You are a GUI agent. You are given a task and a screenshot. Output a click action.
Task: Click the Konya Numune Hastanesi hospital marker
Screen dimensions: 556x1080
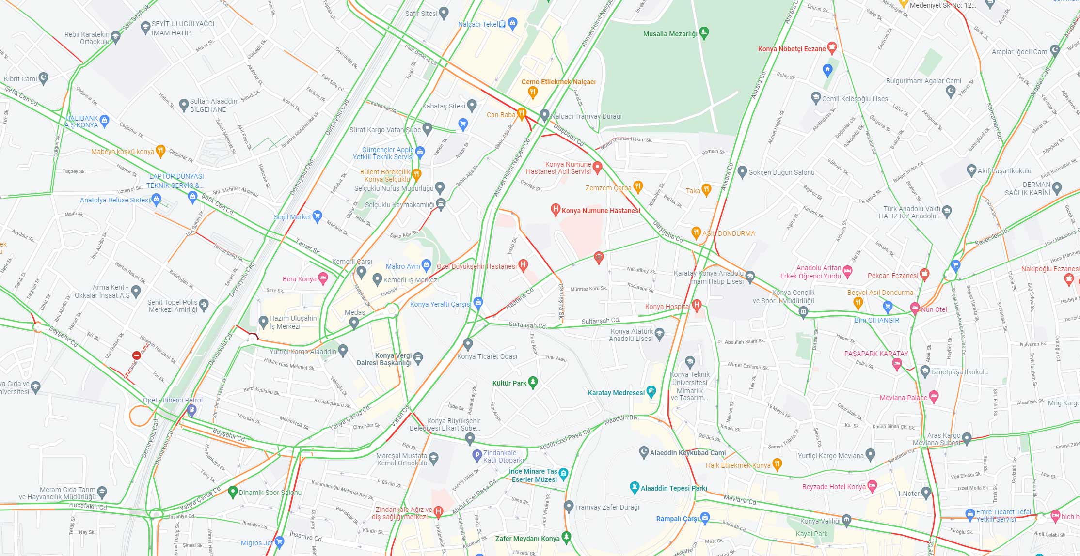[556, 210]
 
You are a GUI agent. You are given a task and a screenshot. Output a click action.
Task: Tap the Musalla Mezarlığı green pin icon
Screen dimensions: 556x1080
[704, 33]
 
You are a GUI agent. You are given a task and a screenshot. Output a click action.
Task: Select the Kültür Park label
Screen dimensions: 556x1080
[509, 383]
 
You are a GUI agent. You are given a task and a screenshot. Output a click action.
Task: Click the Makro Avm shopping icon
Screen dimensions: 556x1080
[426, 264]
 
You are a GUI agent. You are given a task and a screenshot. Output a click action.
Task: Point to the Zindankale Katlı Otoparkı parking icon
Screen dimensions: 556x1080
[477, 455]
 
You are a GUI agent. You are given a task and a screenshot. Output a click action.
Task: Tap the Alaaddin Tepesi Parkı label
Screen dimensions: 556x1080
[674, 488]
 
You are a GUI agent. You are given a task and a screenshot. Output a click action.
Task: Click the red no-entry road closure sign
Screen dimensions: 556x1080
[136, 356]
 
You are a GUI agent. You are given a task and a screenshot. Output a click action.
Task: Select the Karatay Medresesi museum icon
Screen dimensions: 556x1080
[651, 391]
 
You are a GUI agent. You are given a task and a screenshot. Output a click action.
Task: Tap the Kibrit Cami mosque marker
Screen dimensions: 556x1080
[44, 77]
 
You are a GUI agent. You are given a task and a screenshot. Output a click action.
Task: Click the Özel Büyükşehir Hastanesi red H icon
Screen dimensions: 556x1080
[523, 264]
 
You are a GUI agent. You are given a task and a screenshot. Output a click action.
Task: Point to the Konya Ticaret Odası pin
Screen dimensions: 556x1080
[468, 344]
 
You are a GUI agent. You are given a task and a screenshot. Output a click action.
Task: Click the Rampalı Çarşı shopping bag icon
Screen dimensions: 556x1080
[705, 517]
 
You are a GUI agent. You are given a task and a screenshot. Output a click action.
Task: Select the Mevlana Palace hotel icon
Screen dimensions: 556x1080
[934, 397]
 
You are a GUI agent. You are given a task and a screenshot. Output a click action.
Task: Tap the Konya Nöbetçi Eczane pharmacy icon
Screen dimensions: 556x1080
[832, 47]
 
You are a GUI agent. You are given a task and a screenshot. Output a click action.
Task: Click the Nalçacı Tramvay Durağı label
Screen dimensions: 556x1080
[586, 116]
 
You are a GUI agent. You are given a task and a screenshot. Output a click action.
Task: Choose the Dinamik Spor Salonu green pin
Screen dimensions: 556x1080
[233, 491]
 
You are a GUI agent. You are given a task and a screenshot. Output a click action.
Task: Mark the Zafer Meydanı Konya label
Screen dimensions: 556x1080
[527, 539]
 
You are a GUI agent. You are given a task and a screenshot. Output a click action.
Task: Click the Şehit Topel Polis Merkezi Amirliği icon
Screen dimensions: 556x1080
[204, 304]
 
